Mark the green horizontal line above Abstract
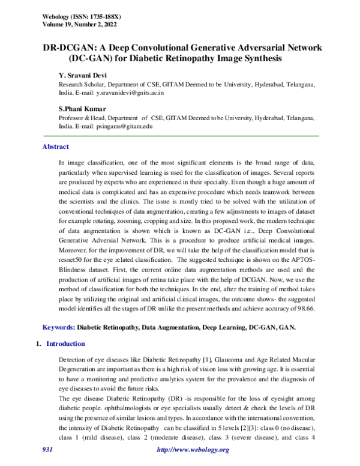click(180, 137)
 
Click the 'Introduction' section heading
click(65, 344)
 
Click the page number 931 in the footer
click(48, 450)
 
